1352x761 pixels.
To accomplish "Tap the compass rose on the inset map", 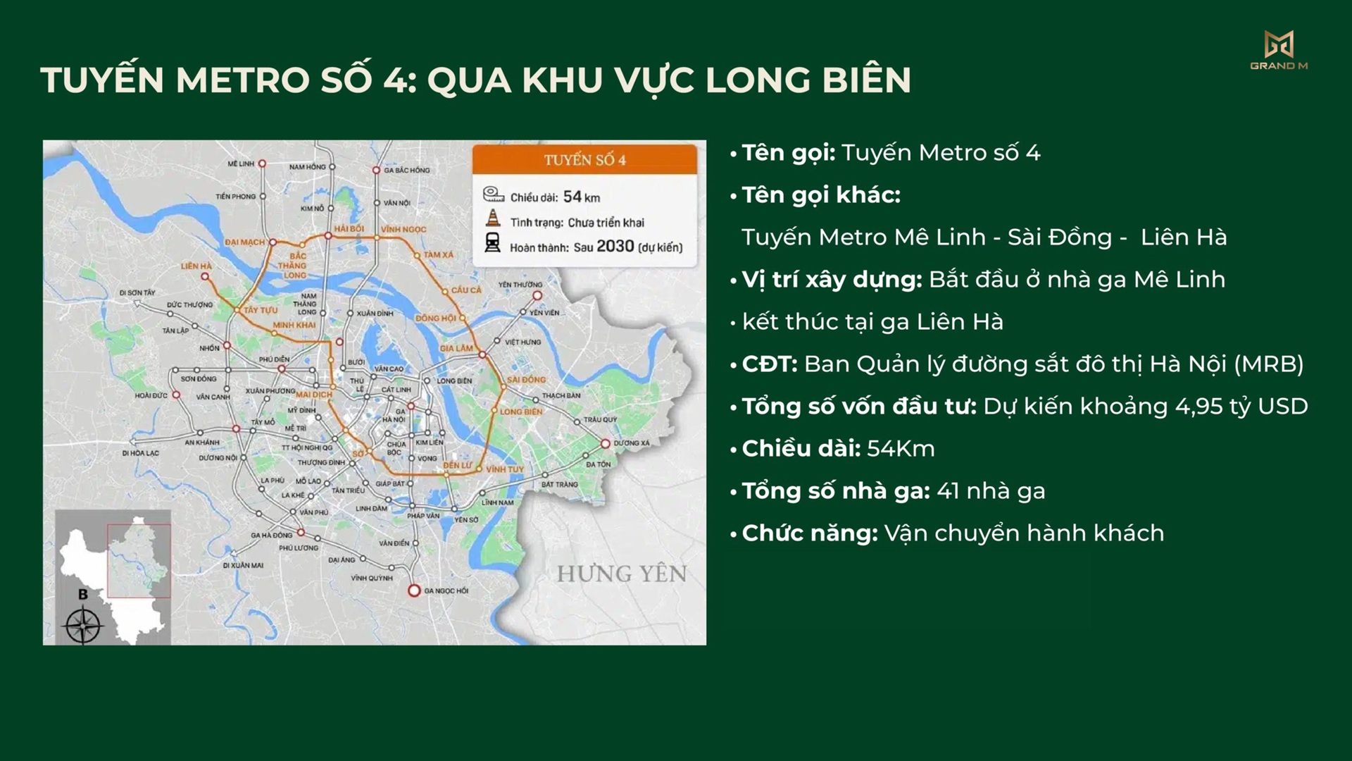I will pyautogui.click(x=83, y=624).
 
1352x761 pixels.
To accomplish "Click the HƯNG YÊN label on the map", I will pyautogui.click(x=621, y=574).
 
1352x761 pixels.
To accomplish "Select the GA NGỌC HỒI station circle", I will pyautogui.click(x=414, y=590).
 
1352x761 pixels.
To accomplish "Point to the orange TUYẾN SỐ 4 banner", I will pyautogui.click(x=584, y=160).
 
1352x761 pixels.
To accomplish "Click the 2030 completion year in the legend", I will pyautogui.click(x=615, y=247).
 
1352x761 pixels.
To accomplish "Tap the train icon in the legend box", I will pyautogui.click(x=492, y=243).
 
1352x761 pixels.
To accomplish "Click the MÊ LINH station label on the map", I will pyautogui.click(x=241, y=163).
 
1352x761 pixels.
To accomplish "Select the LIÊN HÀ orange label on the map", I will pyautogui.click(x=196, y=266).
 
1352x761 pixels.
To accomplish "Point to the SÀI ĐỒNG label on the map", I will pyautogui.click(x=526, y=380).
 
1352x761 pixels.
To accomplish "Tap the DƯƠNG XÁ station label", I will pyautogui.click(x=632, y=443).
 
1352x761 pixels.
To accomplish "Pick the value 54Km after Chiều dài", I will pyautogui.click(x=901, y=449).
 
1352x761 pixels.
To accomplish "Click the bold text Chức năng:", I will pyautogui.click(x=810, y=533).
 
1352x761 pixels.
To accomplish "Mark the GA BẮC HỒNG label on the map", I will pyautogui.click(x=407, y=171).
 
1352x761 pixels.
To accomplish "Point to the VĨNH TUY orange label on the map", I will pyautogui.click(x=505, y=469).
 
